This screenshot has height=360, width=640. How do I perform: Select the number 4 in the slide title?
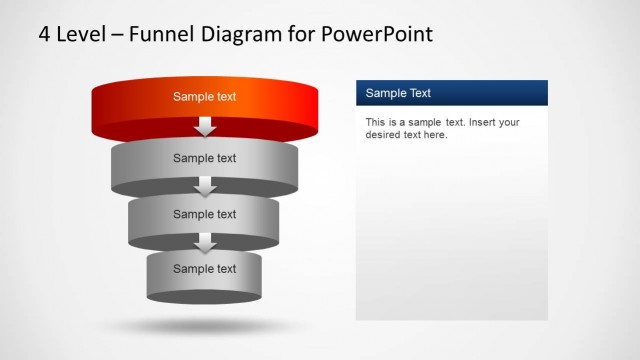pos(45,34)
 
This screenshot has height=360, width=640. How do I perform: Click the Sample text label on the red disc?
pos(205,97)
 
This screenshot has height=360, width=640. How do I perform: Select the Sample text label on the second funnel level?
pos(205,158)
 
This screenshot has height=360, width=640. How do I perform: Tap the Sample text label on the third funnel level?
pos(205,214)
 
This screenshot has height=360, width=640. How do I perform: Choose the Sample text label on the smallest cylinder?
pos(205,269)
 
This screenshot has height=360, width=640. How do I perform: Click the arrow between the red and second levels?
pos(205,127)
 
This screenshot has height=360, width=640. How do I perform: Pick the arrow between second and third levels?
pos(205,187)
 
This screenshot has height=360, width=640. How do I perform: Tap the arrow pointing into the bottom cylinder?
pos(205,243)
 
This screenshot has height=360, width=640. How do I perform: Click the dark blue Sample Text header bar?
pos(452,93)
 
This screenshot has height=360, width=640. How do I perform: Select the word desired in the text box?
pos(386,135)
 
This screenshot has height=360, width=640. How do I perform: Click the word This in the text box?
pos(375,123)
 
